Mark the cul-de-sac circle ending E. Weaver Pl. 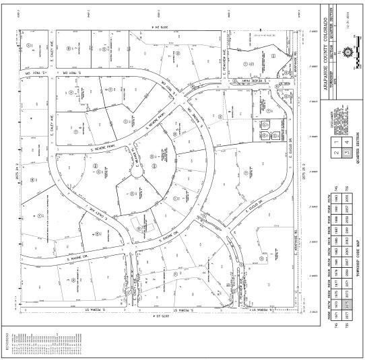137,172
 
